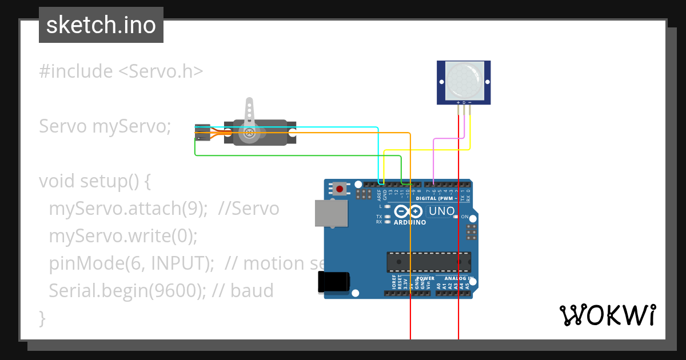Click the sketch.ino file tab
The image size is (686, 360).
[x=101, y=25]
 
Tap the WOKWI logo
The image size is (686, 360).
[x=607, y=315]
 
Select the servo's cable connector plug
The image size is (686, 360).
[x=202, y=133]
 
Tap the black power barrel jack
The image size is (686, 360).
[x=334, y=282]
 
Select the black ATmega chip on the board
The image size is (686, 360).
[x=429, y=261]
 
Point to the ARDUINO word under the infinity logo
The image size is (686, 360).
[x=409, y=222]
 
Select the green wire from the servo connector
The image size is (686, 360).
[x=286, y=155]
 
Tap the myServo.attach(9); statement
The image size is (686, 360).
[x=127, y=209]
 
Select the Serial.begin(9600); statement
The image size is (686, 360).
[x=127, y=291]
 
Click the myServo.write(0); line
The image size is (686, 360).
[x=123, y=236]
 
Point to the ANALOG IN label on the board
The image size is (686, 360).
[x=457, y=278]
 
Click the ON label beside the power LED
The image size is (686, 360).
[x=465, y=217]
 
